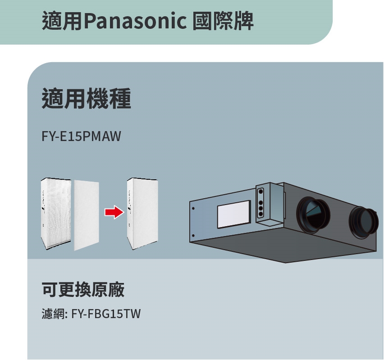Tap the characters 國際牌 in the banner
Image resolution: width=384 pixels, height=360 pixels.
(x=223, y=21)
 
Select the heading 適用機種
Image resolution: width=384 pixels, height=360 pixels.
(x=86, y=99)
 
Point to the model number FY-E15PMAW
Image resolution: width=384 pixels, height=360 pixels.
(x=82, y=136)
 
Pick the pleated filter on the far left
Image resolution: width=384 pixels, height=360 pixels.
(x=56, y=214)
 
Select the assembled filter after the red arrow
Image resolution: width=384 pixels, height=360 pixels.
(x=142, y=213)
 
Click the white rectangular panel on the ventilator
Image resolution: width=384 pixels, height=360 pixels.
(x=234, y=214)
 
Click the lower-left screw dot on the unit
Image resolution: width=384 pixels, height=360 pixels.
(x=192, y=235)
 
